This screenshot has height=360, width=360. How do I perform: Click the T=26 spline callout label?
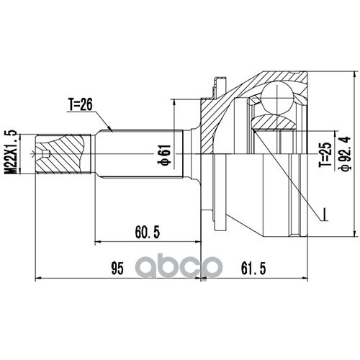81,105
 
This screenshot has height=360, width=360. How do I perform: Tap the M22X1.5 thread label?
12,152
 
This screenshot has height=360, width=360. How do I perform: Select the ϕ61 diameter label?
164,155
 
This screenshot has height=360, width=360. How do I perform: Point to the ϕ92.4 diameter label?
345,153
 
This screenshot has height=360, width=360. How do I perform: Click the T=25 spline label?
325,155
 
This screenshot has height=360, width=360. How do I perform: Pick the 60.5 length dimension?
148,232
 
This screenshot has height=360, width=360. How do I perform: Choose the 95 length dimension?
117,269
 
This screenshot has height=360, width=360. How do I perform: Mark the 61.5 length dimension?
253,269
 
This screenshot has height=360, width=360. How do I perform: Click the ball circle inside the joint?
277,98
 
